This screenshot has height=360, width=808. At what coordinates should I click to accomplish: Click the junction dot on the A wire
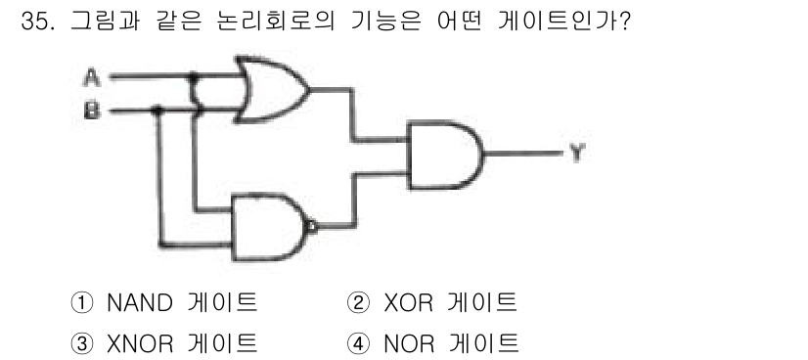[x=194, y=74]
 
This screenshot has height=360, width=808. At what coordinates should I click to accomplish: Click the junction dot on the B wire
[x=158, y=112]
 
